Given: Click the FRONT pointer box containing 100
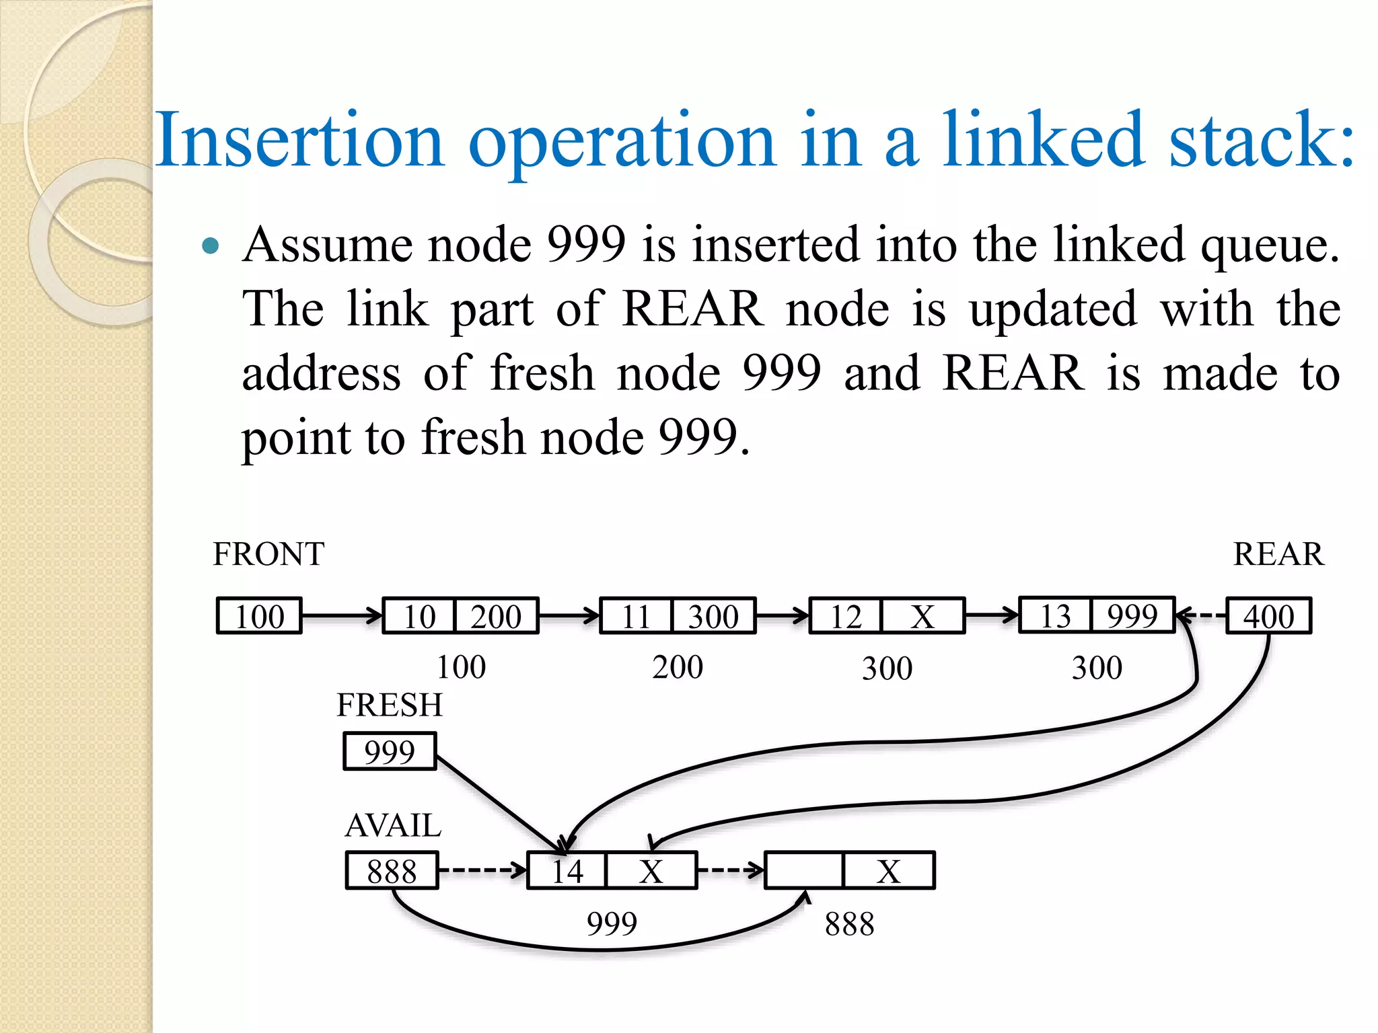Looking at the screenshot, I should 259,616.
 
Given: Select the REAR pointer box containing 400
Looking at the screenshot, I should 1268,616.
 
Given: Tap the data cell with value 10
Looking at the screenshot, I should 419,616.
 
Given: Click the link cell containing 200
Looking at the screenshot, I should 497,616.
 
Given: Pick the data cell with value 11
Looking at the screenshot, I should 636,616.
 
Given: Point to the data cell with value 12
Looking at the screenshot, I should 845,616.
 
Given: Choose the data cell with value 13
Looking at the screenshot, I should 1055,615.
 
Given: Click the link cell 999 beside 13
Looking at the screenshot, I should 1132,615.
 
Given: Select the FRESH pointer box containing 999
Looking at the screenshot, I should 390,751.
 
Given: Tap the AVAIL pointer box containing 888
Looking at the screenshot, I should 392,871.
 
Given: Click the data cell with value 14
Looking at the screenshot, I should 567,871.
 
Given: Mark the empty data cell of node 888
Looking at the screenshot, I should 804,871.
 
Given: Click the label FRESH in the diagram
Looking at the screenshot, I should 390,705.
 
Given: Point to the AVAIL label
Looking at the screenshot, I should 393,825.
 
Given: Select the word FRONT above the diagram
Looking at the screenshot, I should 268,554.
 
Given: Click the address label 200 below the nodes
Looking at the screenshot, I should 678,667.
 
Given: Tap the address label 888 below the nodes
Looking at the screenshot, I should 849,924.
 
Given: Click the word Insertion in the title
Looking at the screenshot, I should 299,139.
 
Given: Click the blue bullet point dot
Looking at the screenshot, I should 211,245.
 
